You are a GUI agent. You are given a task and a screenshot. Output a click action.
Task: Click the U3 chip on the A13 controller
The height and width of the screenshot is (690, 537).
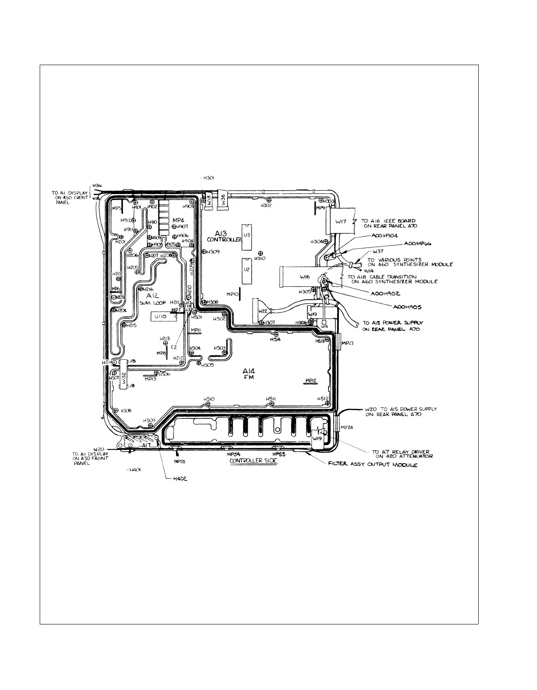click(246, 237)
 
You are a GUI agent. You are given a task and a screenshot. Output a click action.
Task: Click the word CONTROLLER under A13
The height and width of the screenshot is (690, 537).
click(224, 240)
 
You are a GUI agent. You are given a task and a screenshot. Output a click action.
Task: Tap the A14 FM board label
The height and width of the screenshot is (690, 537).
click(249, 373)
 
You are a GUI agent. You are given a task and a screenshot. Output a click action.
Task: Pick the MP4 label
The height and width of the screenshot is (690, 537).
click(179, 220)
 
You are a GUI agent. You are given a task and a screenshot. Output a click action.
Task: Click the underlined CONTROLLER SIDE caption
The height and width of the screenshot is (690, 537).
click(253, 461)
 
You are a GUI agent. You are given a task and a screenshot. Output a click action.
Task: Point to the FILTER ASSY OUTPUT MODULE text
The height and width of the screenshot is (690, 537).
click(373, 465)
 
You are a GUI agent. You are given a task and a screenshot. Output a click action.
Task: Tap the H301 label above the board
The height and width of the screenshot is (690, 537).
click(208, 178)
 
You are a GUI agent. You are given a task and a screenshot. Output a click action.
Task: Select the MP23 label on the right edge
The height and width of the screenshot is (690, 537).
click(347, 343)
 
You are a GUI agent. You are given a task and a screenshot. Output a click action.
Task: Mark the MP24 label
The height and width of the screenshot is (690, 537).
click(347, 428)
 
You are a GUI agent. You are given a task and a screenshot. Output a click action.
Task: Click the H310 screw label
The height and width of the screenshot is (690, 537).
click(260, 258)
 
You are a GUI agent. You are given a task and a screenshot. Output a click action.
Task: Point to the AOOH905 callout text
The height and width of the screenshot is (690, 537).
click(407, 307)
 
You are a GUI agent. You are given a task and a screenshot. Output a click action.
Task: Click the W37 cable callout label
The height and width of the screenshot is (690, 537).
click(378, 251)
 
